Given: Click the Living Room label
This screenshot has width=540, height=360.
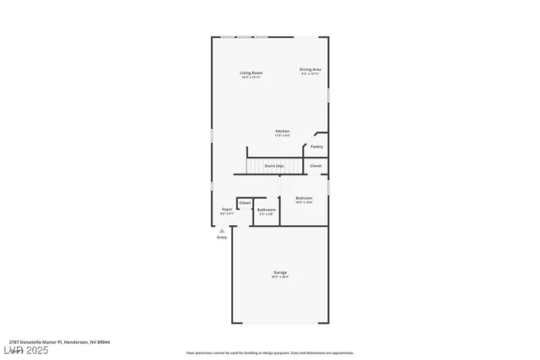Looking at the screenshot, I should click(251, 73).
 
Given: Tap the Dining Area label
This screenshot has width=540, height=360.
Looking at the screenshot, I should click(310, 69).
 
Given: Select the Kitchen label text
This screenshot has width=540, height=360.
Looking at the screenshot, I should click(283, 131).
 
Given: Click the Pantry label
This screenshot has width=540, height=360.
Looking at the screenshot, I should click(316, 147).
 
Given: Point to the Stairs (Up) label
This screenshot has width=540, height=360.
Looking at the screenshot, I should click(273, 166).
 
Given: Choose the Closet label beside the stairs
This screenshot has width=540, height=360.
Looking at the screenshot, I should click(316, 166).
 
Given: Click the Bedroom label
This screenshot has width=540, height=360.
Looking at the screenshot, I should click(304, 198).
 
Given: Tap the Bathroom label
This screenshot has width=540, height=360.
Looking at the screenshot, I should click(267, 209).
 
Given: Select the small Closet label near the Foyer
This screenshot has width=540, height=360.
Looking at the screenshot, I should click(245, 203).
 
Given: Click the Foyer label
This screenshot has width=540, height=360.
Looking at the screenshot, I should click(227, 209).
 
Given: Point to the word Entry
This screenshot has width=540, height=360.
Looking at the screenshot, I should click(222, 238).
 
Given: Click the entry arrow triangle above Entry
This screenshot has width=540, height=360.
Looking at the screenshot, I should click(222, 230).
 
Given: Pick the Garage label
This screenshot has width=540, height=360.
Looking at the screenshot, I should click(280, 272).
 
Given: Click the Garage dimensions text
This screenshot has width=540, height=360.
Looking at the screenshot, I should click(280, 277).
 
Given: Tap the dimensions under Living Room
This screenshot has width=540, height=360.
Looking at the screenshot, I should click(251, 78).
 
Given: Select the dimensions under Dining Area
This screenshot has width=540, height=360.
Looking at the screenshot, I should click(310, 74).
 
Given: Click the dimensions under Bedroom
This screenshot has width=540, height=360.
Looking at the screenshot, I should click(304, 203).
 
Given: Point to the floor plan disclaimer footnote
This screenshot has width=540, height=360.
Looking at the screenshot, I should click(269, 352).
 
